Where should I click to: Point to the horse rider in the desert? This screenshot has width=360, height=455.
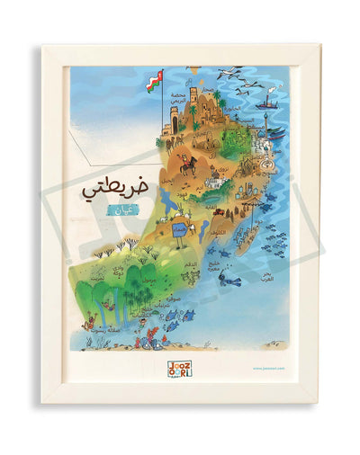click(188, 165)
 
